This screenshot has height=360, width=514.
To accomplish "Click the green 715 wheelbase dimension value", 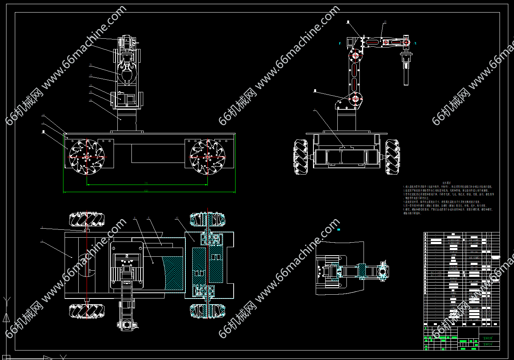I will click(146, 183).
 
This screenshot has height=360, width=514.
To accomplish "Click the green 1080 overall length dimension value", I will click(146, 191).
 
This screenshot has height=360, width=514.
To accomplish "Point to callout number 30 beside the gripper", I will click(90, 65).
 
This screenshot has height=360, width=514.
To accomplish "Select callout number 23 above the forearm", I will click(384, 22).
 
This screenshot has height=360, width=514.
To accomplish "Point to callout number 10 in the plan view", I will click(177, 218).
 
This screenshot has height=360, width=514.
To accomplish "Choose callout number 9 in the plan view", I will click(134, 218).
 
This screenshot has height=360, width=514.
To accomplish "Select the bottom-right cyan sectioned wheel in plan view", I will click(207, 310).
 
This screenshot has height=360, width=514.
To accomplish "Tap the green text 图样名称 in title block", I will click(487, 337).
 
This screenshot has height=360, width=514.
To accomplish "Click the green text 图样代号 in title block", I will click(487, 344).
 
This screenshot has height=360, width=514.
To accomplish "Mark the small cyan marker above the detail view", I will click(338, 229).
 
